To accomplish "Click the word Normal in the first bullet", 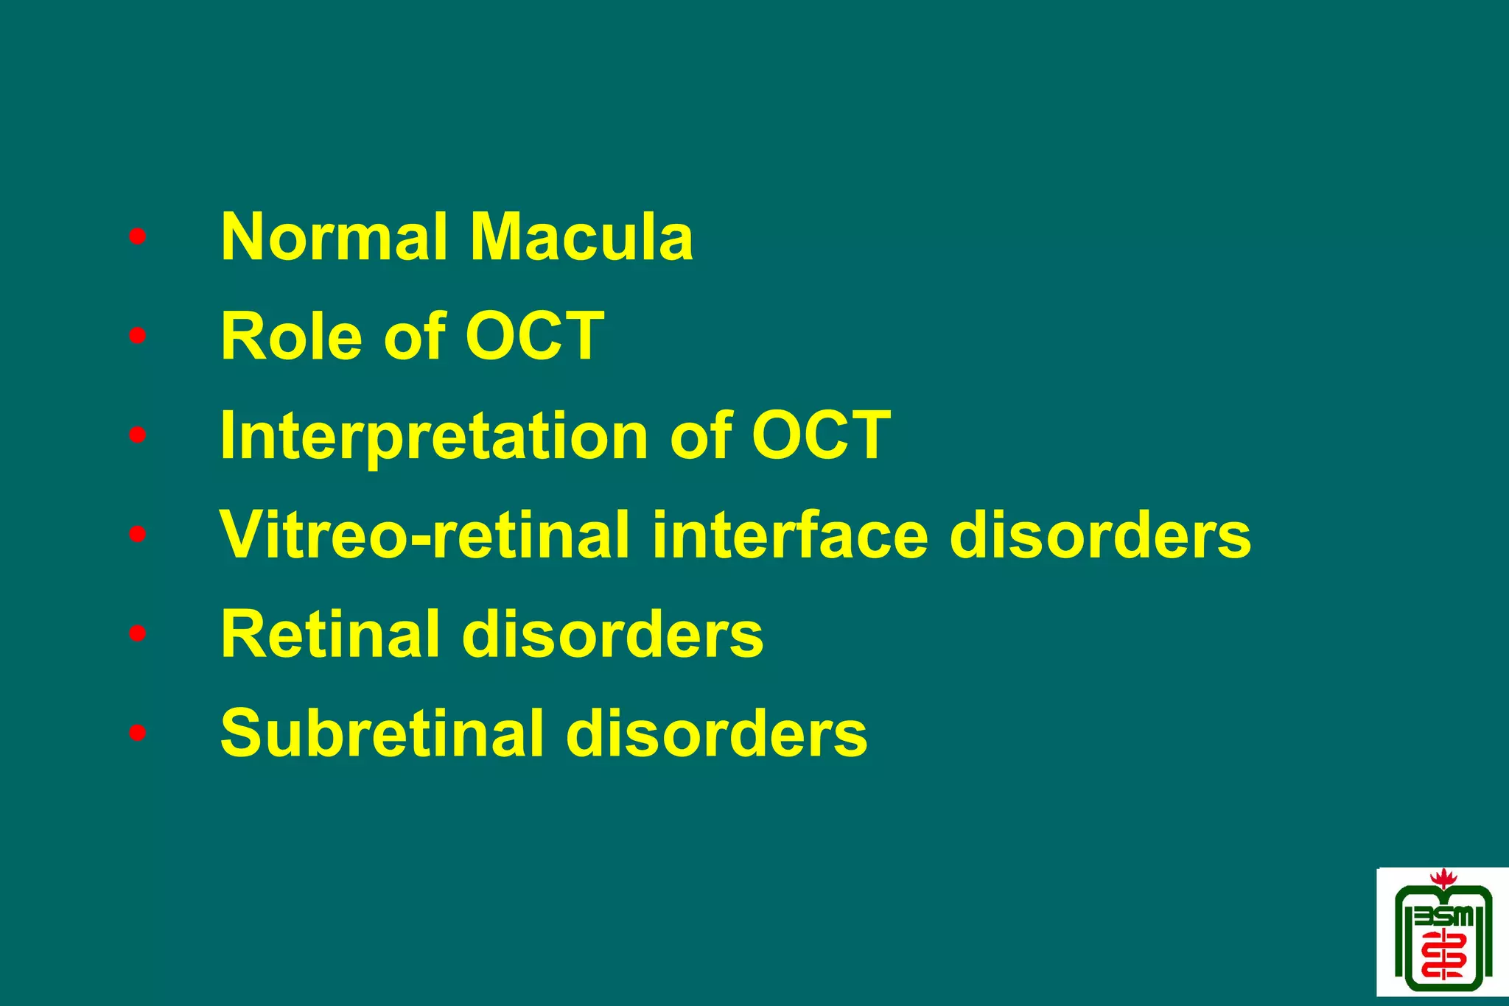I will point(334,237).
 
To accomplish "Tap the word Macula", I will point(581,237).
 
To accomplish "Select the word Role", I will point(291,337).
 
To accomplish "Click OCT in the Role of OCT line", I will point(534,337).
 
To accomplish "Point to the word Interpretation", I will point(434,436).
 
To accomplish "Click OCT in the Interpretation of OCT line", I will point(821,436).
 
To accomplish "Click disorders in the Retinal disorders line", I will point(612,635).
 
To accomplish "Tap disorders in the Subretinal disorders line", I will point(716,734).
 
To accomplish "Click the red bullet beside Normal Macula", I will point(137,237).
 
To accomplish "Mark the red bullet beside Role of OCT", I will point(137,337).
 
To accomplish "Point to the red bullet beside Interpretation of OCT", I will point(137,436).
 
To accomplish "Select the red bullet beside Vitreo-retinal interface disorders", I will point(137,535).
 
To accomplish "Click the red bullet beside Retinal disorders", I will point(137,634).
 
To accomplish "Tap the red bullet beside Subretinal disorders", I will point(137,734).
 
